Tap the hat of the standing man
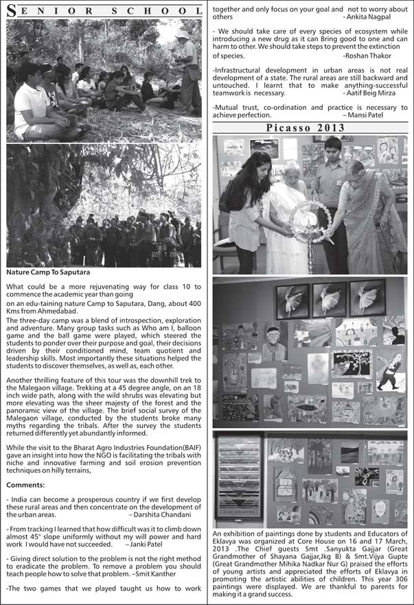pyautogui.click(x=183, y=32)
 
